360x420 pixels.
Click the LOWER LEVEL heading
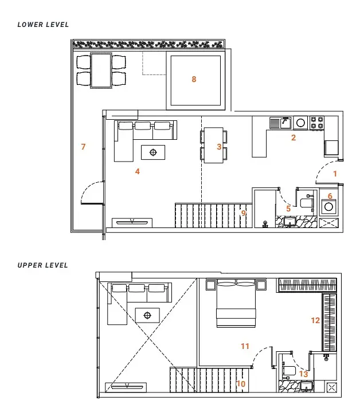pos(43,25)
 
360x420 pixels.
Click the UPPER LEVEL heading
pos(42,265)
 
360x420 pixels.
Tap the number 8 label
pos(194,79)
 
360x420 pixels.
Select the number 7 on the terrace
pos(83,147)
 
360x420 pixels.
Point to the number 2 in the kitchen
pos(294,138)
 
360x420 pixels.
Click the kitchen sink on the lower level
pos(280,123)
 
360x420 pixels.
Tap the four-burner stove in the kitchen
pos(317,123)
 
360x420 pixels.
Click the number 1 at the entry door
pos(335,174)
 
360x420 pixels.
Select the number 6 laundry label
pos(330,196)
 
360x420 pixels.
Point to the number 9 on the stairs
pos(244,213)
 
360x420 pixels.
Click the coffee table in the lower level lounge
pos(153,152)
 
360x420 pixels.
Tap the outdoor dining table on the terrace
pos(101,70)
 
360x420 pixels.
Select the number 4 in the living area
pos(138,171)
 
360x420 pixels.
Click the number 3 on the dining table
pos(219,147)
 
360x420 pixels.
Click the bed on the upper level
pos(236,303)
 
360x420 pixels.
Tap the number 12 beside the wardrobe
pos(315,320)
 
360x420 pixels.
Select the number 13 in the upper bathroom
pos(303,374)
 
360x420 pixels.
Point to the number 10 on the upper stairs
pos(241,384)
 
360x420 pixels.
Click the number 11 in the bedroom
pos(245,346)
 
